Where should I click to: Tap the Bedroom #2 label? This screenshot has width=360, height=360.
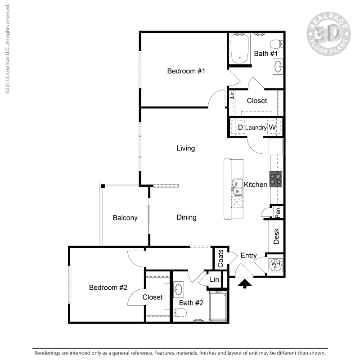click(108, 288)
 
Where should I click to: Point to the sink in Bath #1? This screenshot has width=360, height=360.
click(278, 67)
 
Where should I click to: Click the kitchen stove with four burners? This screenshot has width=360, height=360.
click(276, 180)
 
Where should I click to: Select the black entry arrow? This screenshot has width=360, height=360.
click(244, 283)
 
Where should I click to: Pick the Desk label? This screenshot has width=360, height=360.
click(277, 236)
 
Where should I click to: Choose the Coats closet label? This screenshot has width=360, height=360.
click(220, 258)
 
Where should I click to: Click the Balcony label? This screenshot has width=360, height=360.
click(125, 218)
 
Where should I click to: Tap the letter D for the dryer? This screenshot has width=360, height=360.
click(240, 128)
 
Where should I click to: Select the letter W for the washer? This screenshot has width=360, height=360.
click(272, 128)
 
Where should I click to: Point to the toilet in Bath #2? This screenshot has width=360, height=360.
click(180, 312)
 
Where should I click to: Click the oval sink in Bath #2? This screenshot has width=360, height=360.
click(179, 288)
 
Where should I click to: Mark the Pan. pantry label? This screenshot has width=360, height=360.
click(278, 211)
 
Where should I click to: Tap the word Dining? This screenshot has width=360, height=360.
click(186, 217)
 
